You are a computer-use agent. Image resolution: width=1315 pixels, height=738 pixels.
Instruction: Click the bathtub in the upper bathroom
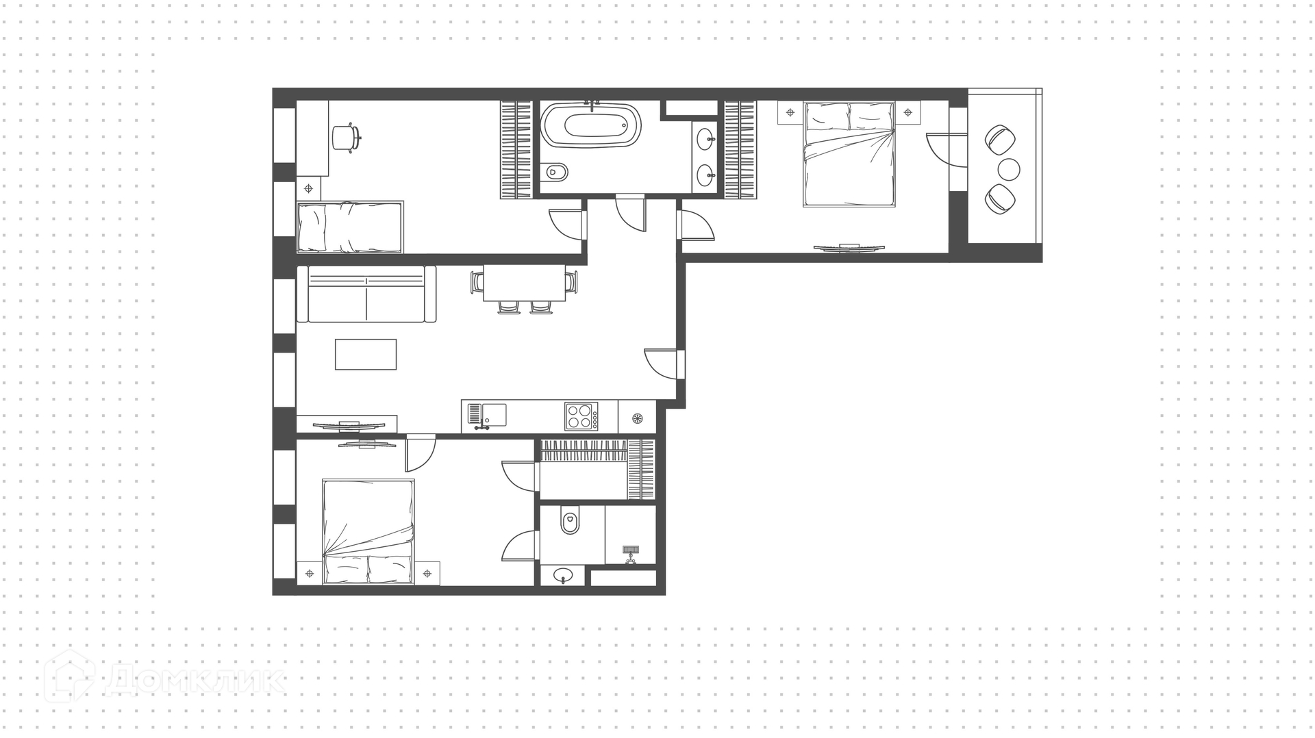[x=592, y=125]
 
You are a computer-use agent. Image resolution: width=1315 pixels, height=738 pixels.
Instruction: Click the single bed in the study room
[x=350, y=227]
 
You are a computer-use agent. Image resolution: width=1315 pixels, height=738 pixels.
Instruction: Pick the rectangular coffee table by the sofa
[x=366, y=355]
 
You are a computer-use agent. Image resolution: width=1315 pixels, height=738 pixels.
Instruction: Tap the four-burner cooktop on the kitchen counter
[x=581, y=416]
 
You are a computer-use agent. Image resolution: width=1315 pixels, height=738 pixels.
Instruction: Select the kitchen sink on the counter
[x=487, y=416]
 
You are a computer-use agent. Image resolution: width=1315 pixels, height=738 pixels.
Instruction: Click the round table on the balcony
[x=1009, y=169]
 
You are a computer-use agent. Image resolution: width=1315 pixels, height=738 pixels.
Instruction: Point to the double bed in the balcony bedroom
[x=849, y=154]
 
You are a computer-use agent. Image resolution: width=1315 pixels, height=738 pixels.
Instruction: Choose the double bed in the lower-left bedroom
[x=368, y=532]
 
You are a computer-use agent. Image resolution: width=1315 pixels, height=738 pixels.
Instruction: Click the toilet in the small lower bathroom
[x=570, y=520]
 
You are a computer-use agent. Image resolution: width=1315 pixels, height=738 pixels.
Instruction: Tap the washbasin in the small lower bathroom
[x=564, y=575]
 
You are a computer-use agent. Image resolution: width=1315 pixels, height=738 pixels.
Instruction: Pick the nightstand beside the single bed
[x=309, y=188]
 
